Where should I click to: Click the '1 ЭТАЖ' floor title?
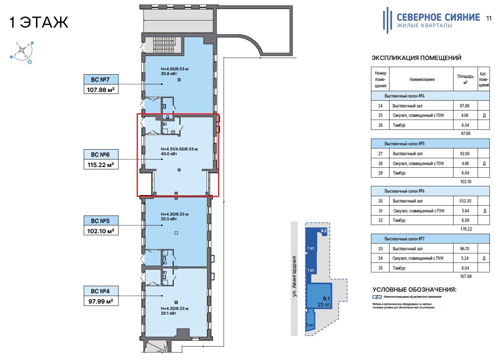click(39, 22)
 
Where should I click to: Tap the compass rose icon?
click(23, 51)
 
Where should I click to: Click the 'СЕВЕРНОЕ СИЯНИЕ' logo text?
click(439, 17)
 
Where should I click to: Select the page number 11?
click(489, 18)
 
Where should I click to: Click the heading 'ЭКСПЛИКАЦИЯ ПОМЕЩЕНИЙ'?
click(416, 58)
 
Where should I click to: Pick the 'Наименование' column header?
click(422, 79)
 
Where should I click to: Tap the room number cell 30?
click(380, 201)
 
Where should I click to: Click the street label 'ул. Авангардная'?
click(294, 278)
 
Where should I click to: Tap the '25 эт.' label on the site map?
click(326, 304)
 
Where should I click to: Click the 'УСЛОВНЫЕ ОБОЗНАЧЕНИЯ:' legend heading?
click(414, 289)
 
